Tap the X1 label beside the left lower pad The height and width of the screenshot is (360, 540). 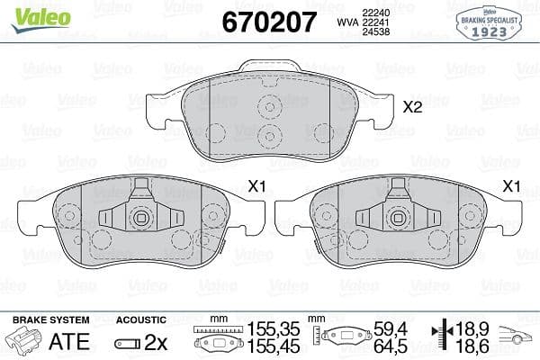pyautogui.click(x=257, y=186)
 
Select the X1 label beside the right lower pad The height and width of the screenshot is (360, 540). pyautogui.click(x=512, y=186)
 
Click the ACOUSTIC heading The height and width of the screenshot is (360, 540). pyautogui.click(x=141, y=319)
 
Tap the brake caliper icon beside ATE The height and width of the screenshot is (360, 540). pyautogui.click(x=24, y=342)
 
